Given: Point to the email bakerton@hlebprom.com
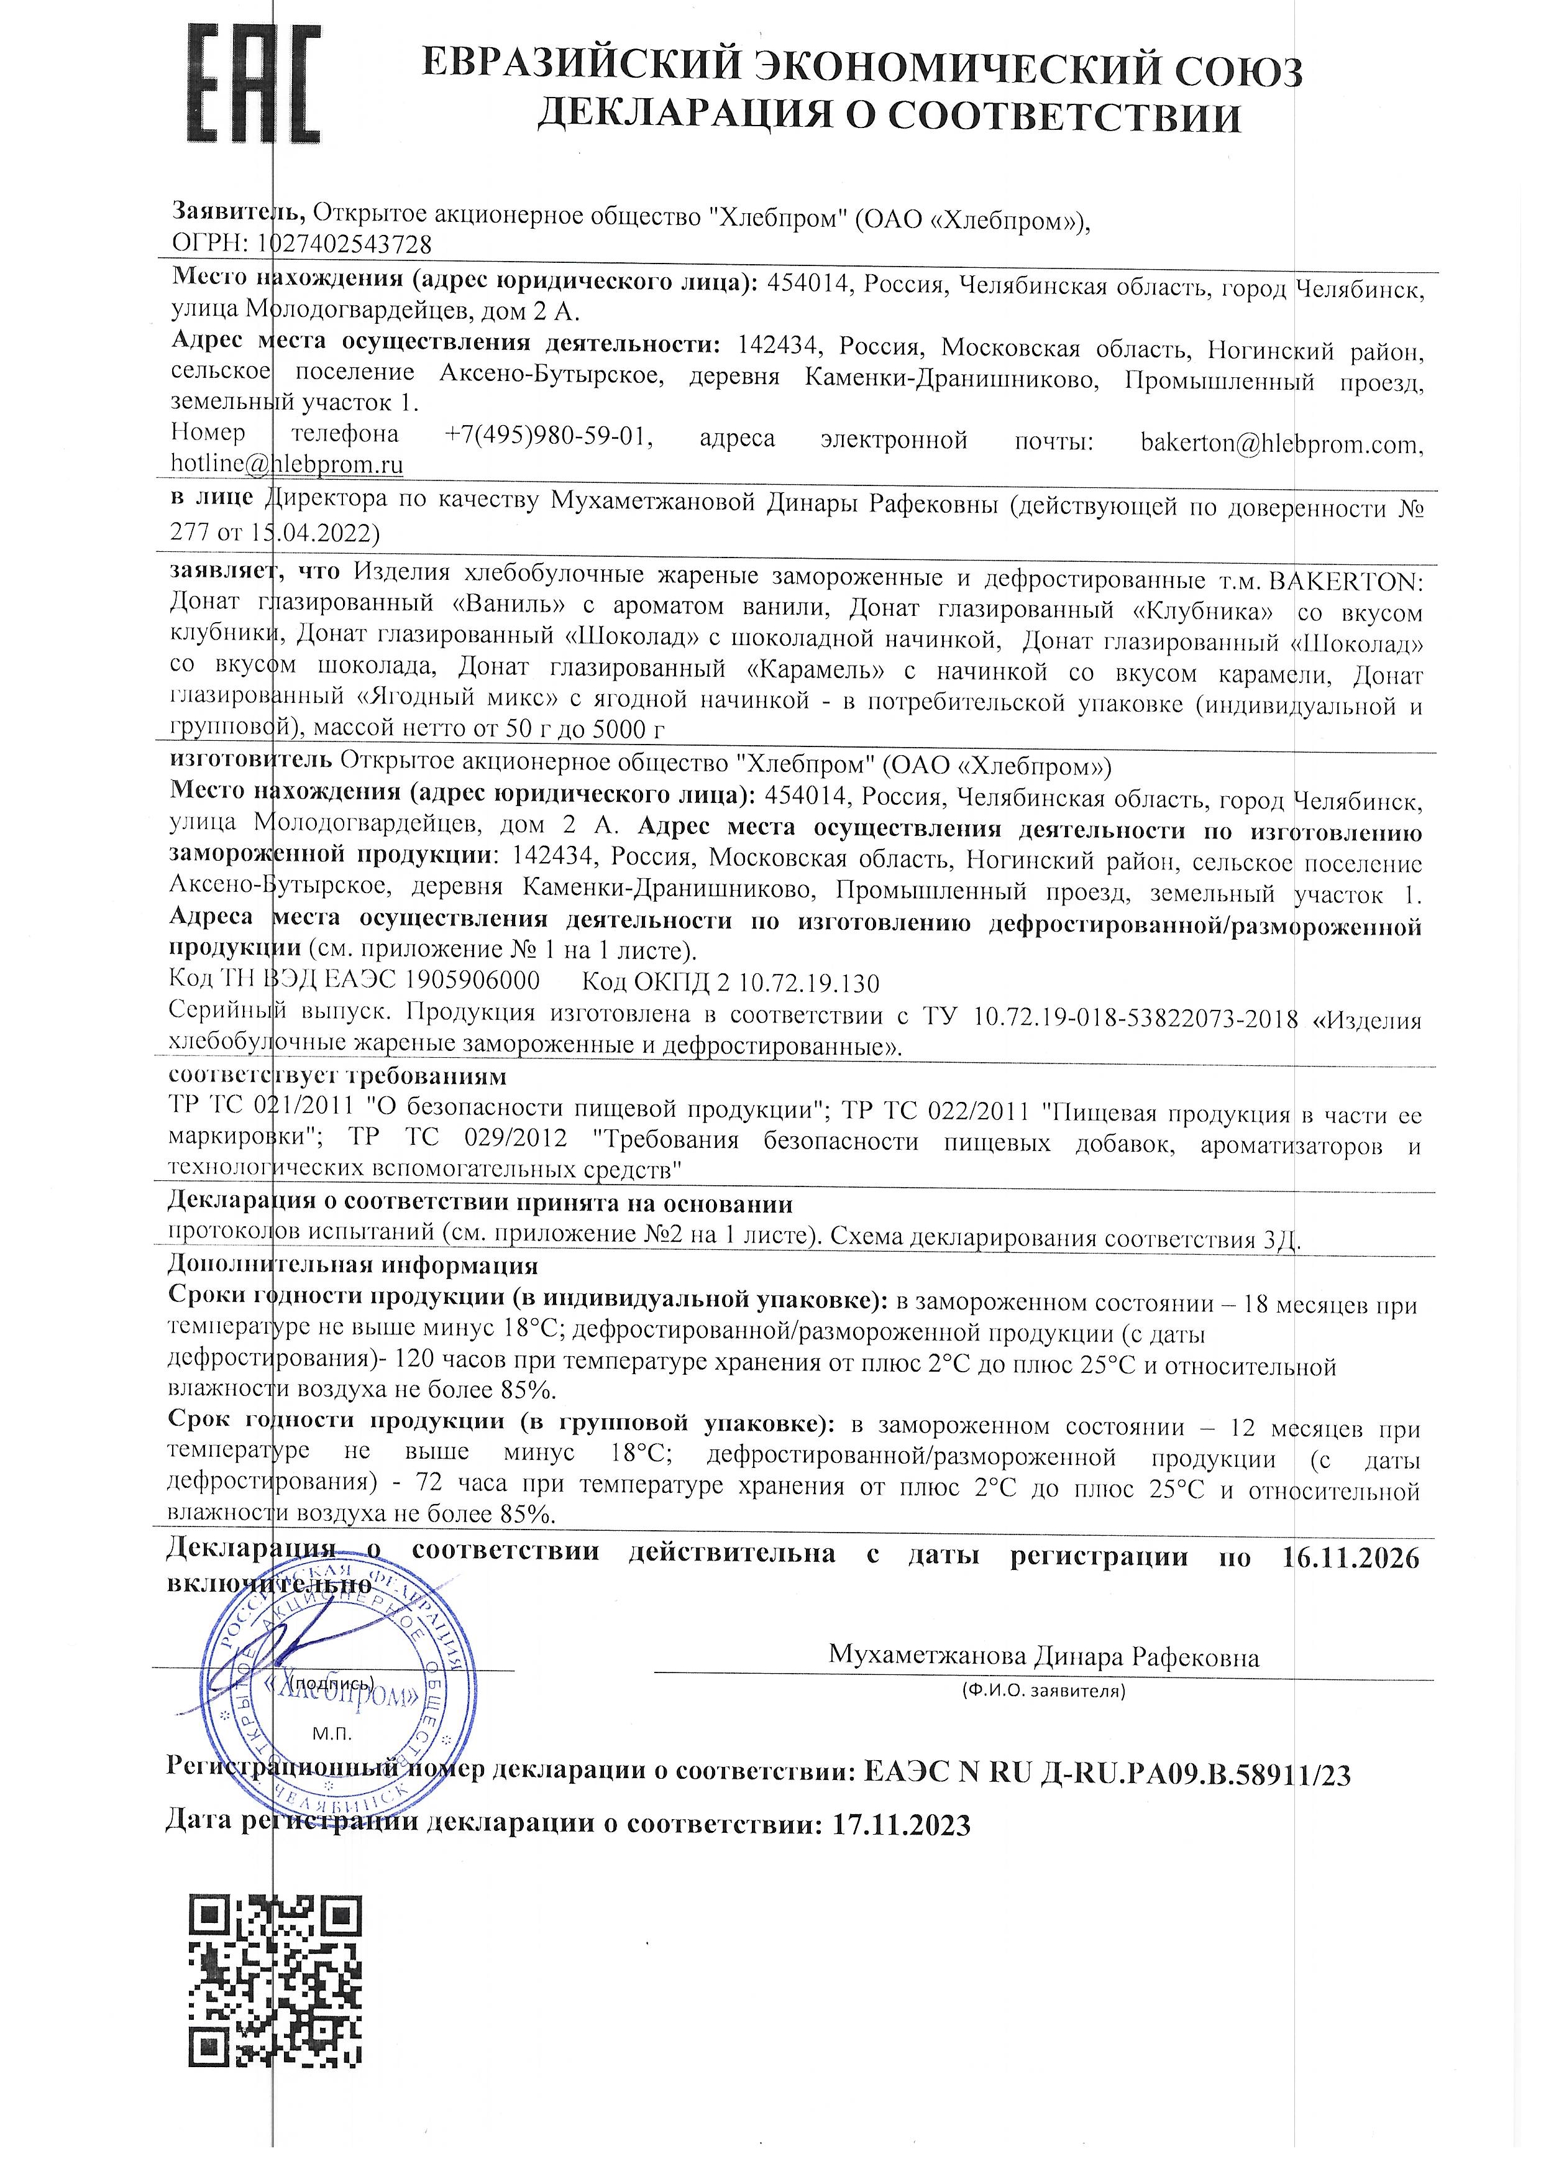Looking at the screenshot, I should point(1281,443).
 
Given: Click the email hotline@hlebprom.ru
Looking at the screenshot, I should point(286,465).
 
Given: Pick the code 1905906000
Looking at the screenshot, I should point(472,979).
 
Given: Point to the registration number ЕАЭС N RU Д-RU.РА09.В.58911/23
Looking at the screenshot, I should point(1107,1774).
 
